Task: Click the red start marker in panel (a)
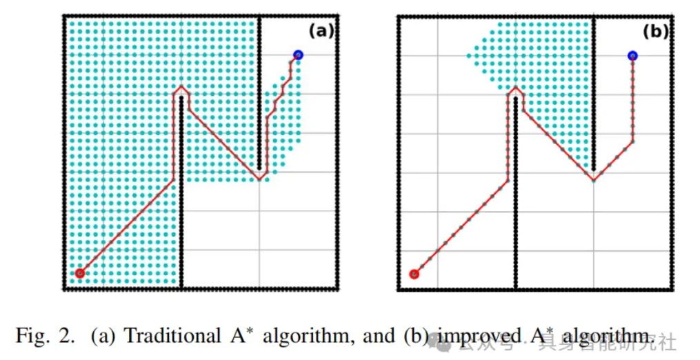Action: (x=80, y=273)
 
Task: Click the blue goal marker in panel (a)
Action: (x=298, y=54)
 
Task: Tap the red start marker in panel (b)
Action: (x=414, y=274)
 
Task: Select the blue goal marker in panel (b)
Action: (x=632, y=55)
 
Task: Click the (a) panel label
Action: (x=321, y=30)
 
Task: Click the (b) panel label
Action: (x=655, y=31)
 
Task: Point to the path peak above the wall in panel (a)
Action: (x=181, y=87)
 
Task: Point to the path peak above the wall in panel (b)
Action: (x=515, y=88)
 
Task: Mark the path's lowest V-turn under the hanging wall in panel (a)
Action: (x=259, y=179)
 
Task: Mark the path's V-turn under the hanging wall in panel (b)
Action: (x=594, y=180)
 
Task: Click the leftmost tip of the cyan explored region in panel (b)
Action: (x=469, y=55)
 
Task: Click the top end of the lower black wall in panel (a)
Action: (x=181, y=98)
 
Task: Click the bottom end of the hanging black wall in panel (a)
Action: (x=259, y=168)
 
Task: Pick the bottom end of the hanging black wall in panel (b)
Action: (x=594, y=168)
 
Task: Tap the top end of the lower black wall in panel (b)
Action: (x=515, y=99)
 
